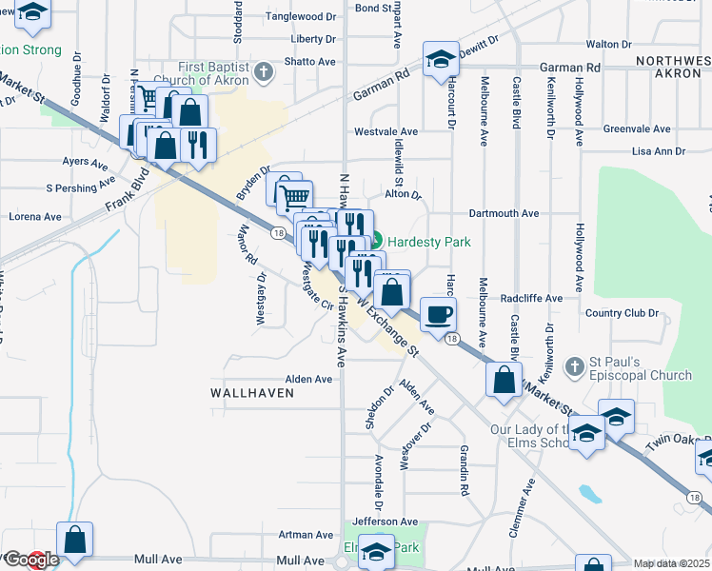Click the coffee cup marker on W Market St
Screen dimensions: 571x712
tap(438, 314)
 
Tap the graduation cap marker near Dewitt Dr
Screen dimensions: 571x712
tap(442, 60)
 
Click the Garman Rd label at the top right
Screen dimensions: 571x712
tap(569, 69)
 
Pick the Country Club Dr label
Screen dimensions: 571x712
tap(623, 312)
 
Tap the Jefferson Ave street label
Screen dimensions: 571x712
tap(385, 522)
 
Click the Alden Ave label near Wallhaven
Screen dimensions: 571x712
tap(309, 379)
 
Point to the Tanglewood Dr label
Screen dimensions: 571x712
tap(302, 16)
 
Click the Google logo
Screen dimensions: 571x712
tap(30, 561)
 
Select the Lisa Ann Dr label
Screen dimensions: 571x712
tap(659, 151)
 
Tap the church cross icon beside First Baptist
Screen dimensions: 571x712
tap(265, 71)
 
